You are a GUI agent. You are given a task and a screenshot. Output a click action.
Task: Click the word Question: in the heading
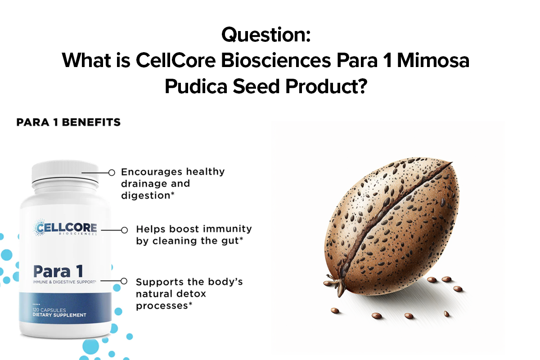coord(266,35)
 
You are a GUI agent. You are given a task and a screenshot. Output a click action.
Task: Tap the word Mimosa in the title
coord(433,60)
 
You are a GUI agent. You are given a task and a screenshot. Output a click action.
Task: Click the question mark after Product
coord(361,85)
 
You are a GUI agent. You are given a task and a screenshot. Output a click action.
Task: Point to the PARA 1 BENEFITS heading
coord(68,122)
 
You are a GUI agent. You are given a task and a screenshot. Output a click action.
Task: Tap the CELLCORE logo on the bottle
coord(65,228)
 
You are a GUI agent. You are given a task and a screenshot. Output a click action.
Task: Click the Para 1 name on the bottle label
coord(58,271)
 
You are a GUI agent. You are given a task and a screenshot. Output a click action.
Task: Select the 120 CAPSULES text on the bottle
coord(49,310)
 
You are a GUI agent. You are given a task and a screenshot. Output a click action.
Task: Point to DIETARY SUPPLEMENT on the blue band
coord(59,315)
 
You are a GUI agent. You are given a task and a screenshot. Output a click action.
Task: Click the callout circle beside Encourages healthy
coord(112,173)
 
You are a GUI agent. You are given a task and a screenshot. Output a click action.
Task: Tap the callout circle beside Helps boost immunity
coord(124,230)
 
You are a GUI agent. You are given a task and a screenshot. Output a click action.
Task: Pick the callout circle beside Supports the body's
coord(124,281)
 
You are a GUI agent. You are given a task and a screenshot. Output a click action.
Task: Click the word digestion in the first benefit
coord(146,196)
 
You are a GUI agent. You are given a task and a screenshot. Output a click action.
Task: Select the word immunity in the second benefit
coord(228,229)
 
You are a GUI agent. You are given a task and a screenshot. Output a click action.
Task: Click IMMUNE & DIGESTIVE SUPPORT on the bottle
coord(64,282)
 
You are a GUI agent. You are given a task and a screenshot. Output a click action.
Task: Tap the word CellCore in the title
coord(175,60)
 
